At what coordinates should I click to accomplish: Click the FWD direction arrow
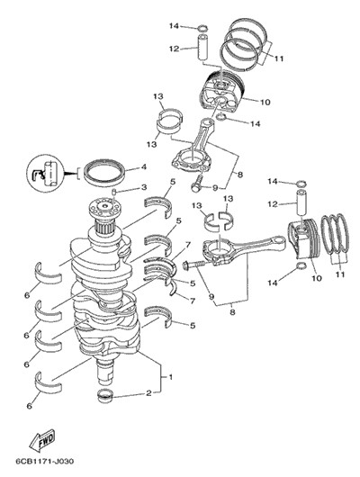coord(42,440)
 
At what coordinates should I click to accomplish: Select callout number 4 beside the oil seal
coord(144,166)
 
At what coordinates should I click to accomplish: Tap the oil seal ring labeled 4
coord(104,172)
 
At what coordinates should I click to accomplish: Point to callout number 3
coord(144,187)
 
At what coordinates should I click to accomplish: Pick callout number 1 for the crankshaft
coord(171,377)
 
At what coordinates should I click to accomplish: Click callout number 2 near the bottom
coord(148,393)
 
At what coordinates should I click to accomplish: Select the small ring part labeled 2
coord(104,395)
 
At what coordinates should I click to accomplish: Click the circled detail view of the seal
coord(45,174)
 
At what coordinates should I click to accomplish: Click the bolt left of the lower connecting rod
coord(193,265)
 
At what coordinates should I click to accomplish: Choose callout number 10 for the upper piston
coord(265,102)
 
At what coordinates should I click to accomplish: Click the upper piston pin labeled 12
coord(204,48)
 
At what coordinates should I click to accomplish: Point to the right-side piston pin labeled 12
coord(301,203)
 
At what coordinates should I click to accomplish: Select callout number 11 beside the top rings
coord(278,58)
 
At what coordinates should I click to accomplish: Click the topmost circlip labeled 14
coord(203,29)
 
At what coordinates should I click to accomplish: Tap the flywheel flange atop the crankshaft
coord(104,209)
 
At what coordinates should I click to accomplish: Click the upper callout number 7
coord(188,245)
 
